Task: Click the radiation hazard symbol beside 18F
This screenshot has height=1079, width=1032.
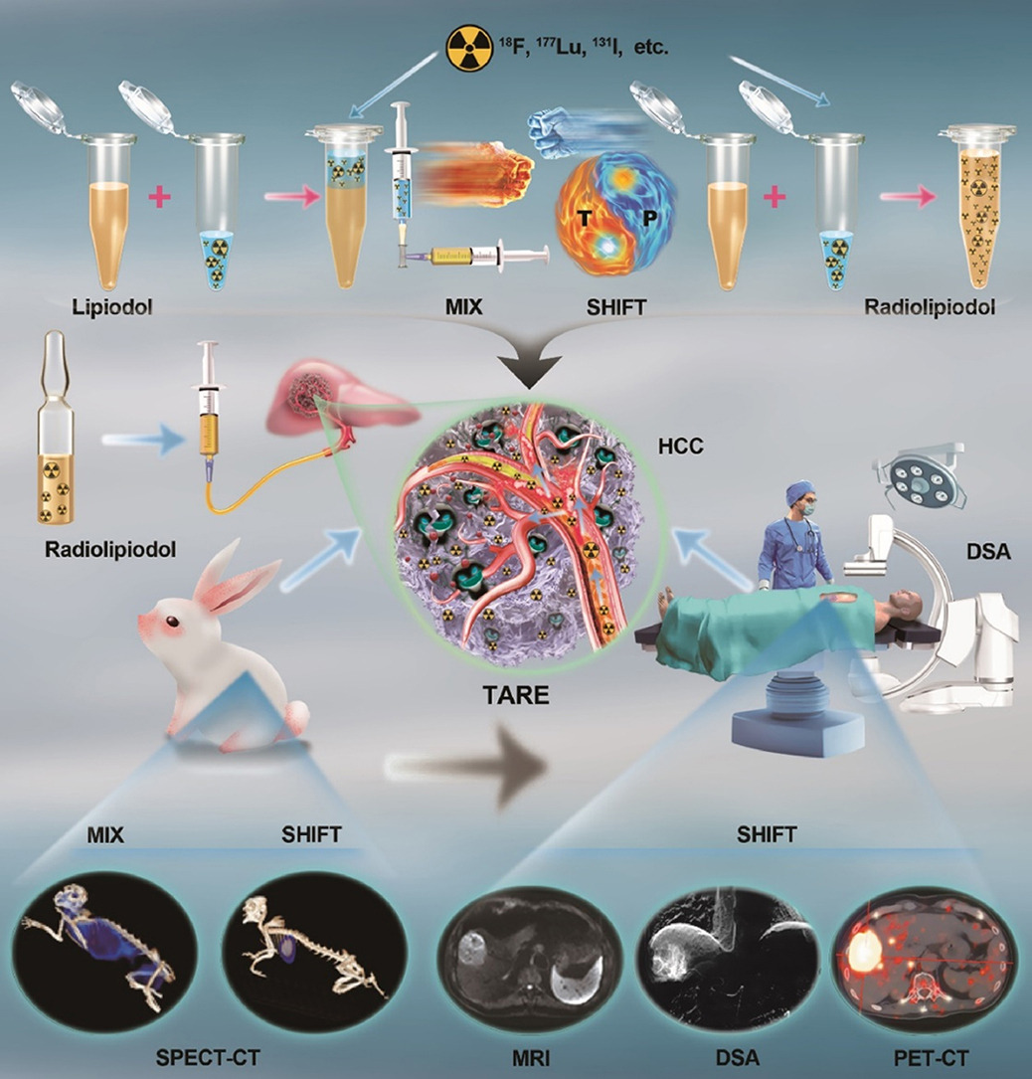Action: (x=469, y=49)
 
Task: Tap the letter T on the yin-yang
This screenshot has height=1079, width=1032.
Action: (x=585, y=219)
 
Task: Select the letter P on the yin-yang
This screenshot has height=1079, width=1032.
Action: (x=649, y=218)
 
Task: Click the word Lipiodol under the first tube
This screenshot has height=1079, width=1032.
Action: (x=112, y=307)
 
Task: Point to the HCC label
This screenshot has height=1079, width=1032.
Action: (x=680, y=446)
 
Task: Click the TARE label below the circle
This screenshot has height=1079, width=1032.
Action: (x=516, y=695)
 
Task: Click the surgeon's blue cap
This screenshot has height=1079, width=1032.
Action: (x=799, y=491)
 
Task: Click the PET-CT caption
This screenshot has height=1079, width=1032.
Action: (x=931, y=1058)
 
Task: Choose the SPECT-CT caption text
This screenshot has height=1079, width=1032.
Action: (x=208, y=1058)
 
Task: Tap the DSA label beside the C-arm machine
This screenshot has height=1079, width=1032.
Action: (x=988, y=551)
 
